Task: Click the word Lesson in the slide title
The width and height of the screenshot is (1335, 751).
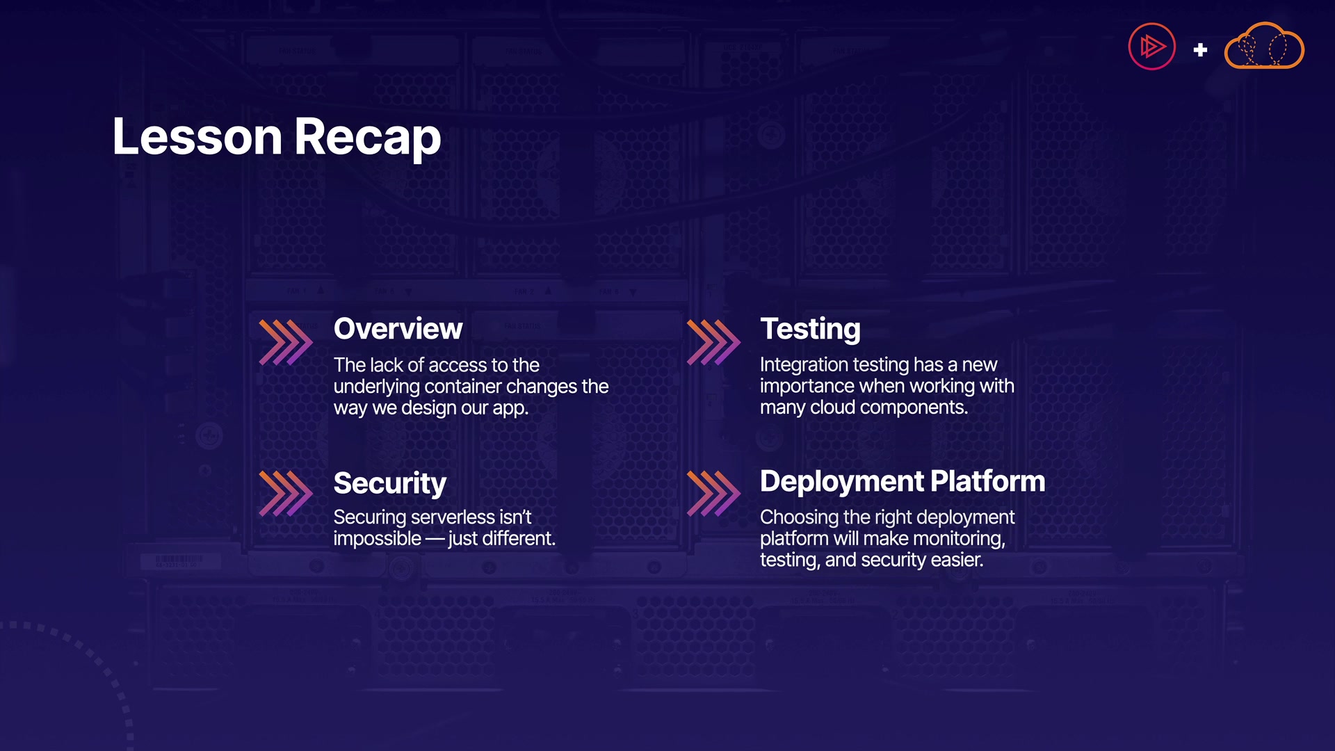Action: point(197,136)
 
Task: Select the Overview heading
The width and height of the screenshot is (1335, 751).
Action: point(398,329)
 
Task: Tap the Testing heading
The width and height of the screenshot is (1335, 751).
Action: point(810,330)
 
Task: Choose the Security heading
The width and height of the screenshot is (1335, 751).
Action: point(389,484)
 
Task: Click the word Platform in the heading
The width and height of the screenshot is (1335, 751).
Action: point(987,481)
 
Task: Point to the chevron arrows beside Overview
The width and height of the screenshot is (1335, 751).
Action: point(286,342)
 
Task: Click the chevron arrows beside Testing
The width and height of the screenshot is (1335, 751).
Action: point(713,342)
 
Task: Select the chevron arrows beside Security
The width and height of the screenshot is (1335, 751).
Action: point(286,494)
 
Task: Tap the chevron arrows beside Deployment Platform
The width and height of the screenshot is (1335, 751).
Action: point(713,494)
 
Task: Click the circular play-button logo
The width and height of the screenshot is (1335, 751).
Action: point(1151,47)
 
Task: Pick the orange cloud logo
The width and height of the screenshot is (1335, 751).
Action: point(1264,45)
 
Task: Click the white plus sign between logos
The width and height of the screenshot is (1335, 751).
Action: point(1200,50)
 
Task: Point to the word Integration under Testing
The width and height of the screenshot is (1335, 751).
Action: point(804,366)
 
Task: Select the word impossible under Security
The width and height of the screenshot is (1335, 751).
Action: point(378,540)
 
